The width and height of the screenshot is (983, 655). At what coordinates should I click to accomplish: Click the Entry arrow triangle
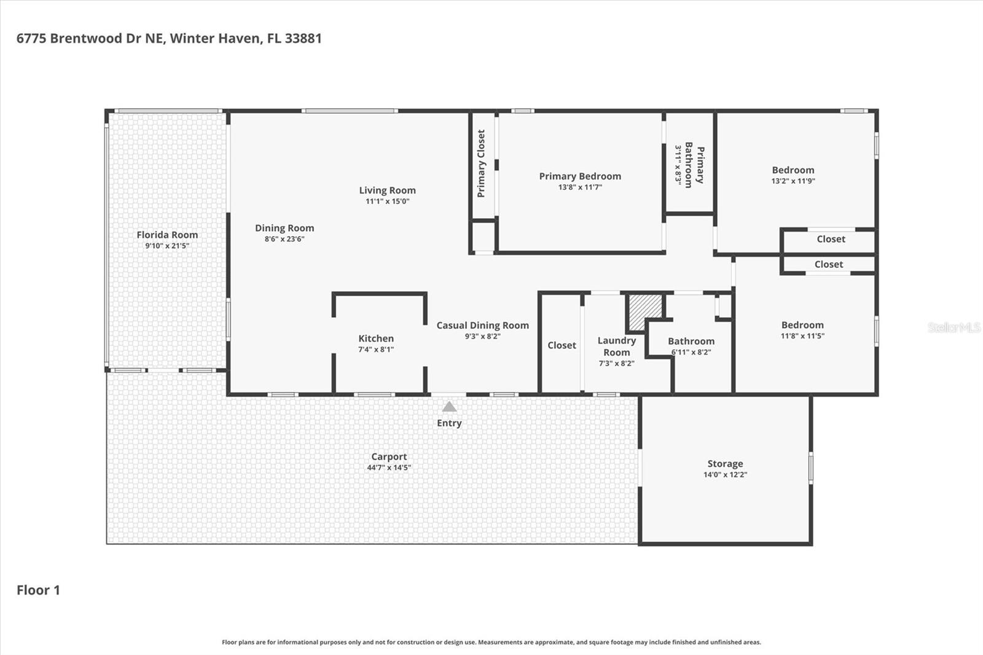point(449,407)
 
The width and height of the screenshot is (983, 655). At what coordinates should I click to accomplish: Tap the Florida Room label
point(167,235)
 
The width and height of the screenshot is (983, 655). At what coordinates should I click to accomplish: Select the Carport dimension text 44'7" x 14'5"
point(389,468)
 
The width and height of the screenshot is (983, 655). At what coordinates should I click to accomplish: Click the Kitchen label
point(376,339)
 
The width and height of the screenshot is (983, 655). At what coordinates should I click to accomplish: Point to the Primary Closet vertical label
point(481,163)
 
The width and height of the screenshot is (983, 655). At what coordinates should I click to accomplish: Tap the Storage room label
point(725,464)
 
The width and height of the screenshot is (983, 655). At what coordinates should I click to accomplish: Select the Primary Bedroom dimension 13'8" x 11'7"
point(580,187)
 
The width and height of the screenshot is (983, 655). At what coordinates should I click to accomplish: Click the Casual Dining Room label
point(482,326)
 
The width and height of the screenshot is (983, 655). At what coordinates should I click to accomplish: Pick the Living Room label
point(387,190)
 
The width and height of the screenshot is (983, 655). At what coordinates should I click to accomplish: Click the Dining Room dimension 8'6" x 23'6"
point(284,239)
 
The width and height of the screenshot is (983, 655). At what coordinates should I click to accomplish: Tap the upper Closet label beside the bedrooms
point(831,239)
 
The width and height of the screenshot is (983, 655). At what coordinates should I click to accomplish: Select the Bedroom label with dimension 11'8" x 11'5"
point(802,325)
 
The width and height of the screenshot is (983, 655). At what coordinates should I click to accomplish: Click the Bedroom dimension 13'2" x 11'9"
point(793,181)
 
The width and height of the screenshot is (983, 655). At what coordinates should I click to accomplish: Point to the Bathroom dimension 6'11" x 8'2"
point(691,352)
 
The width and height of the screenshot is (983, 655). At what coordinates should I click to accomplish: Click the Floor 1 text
point(38,590)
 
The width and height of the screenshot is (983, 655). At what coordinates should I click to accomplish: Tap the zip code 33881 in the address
point(303,38)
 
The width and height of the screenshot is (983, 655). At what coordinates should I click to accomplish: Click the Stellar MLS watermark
point(954,327)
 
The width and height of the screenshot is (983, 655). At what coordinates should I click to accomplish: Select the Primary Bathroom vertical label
point(694,165)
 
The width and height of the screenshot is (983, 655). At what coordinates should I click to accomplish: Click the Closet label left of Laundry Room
point(562,345)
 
